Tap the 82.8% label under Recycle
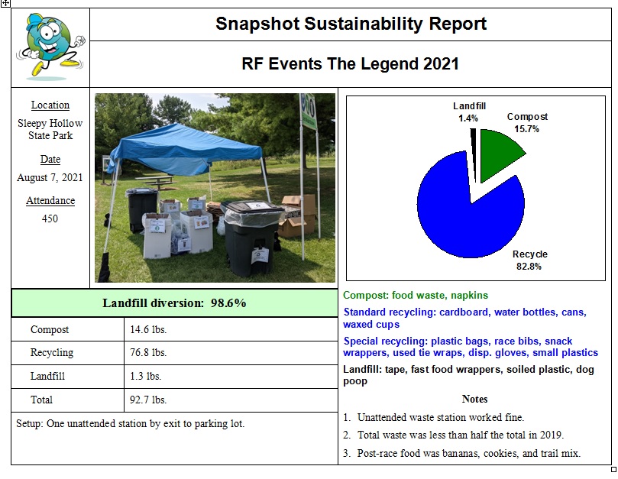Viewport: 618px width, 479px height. [x=529, y=266]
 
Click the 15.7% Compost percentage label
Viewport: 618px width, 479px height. [x=527, y=129]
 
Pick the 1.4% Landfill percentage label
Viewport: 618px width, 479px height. [x=469, y=118]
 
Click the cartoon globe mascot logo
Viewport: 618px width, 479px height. [x=49, y=47]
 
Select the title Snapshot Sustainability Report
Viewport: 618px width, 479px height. [x=351, y=24]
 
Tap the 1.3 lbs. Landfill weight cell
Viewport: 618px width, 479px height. [x=146, y=376]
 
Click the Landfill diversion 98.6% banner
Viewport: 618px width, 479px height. [x=174, y=303]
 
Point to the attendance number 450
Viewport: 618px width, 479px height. [x=50, y=218]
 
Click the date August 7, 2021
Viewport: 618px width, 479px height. [x=50, y=177]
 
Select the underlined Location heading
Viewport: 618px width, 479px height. [x=50, y=105]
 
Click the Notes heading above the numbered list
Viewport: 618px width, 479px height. [x=474, y=400]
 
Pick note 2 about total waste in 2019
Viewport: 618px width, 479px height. [x=461, y=435]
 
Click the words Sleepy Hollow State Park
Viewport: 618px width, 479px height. [x=50, y=129]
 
